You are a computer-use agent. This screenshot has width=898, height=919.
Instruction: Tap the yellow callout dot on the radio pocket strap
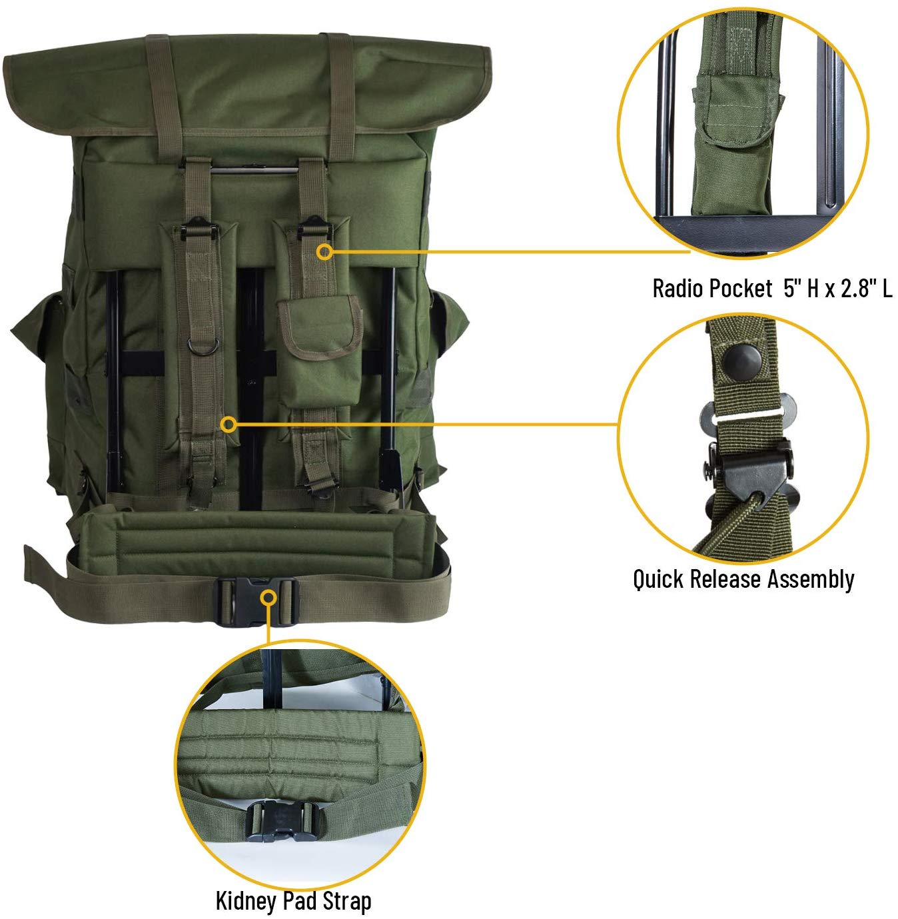tap(324, 252)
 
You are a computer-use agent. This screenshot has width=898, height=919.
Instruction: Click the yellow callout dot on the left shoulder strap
tap(228, 425)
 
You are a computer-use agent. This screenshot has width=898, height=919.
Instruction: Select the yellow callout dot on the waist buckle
tap(269, 597)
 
